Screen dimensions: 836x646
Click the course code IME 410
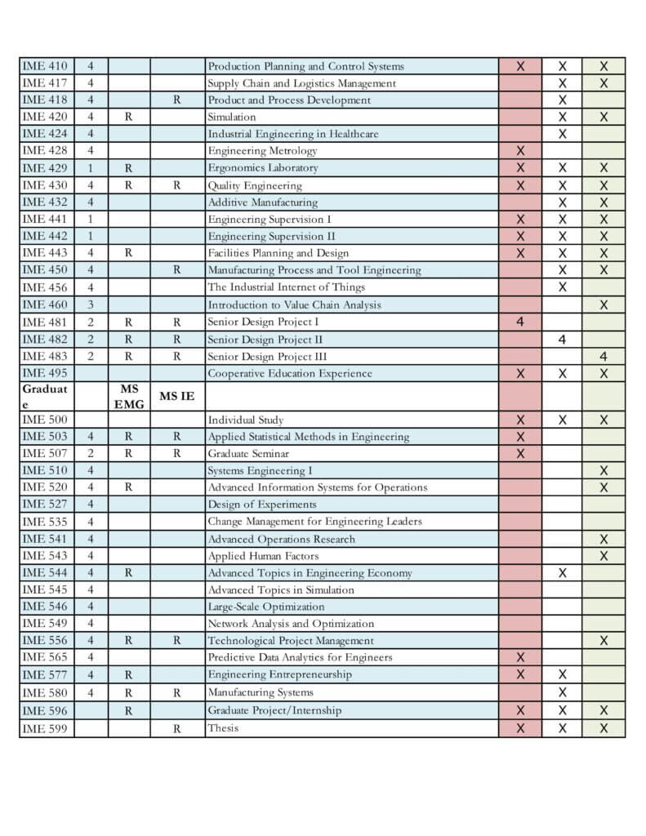(x=46, y=66)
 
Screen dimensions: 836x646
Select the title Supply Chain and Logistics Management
(x=301, y=83)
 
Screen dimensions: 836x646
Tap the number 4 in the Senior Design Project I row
(x=520, y=322)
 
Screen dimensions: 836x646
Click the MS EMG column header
(x=129, y=396)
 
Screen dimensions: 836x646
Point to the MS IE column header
(x=177, y=396)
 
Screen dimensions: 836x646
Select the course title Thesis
(x=223, y=727)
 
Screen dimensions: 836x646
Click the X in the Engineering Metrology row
(x=520, y=151)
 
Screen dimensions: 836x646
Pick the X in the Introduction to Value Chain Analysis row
(x=604, y=305)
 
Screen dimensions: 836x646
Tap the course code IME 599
(x=46, y=727)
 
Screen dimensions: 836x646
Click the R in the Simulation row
(x=128, y=118)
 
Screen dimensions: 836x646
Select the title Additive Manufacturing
(x=262, y=202)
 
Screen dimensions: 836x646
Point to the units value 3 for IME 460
(x=91, y=305)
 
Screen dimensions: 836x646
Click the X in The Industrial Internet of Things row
(x=563, y=287)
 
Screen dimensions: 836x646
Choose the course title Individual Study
(x=245, y=420)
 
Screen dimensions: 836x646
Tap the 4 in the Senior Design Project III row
(x=604, y=356)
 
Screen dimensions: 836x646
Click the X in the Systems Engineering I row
(x=604, y=471)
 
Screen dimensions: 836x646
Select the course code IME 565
(x=46, y=657)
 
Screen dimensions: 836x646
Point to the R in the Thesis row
(x=177, y=728)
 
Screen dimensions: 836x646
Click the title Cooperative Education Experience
(x=289, y=373)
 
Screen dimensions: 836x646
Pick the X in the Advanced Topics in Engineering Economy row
(x=563, y=573)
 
